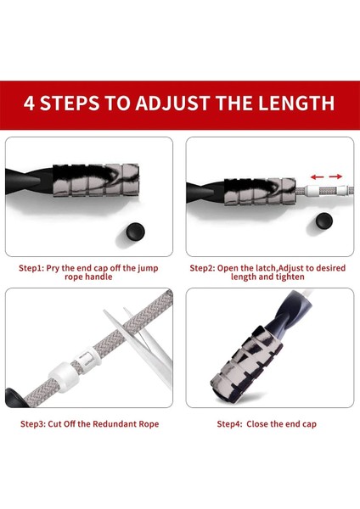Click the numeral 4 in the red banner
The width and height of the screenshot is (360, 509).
29,103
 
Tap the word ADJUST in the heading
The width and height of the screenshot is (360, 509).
172,103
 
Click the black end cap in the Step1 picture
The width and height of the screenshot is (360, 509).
136,232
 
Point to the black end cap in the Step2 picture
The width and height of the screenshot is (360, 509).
324,221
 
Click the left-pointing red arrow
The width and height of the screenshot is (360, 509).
317,177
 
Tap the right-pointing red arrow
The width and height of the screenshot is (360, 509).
335,176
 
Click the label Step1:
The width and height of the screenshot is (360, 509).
31,268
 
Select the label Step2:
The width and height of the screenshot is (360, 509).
202,268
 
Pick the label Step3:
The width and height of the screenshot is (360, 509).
33,424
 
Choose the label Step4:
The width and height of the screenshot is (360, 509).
230,424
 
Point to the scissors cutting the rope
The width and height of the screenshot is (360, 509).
143,345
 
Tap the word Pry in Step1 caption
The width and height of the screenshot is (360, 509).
53,269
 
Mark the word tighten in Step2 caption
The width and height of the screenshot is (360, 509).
290,277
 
